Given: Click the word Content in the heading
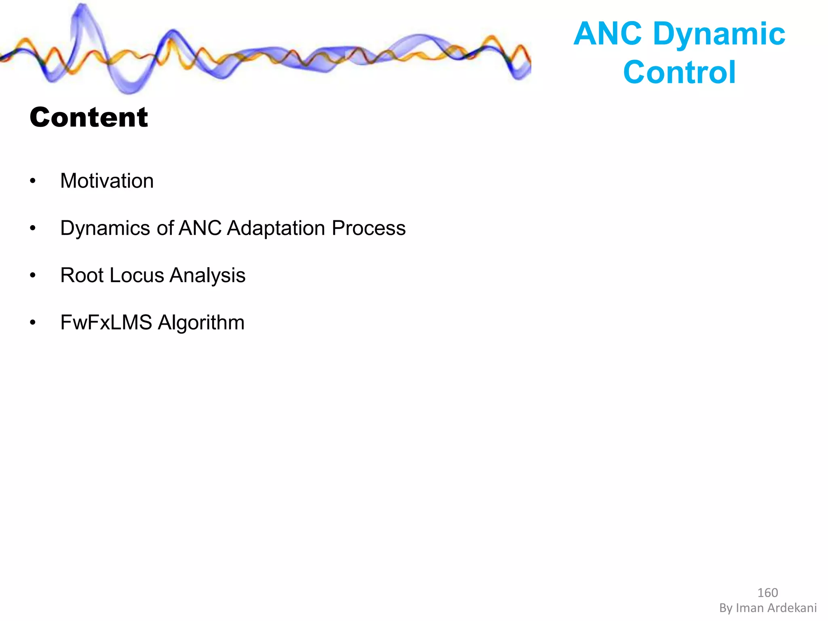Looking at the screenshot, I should [x=89, y=118].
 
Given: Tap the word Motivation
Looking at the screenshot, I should [x=107, y=181].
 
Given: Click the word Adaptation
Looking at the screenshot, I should [x=276, y=228].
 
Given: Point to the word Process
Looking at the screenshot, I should [x=368, y=228].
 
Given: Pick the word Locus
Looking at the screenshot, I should [x=137, y=275].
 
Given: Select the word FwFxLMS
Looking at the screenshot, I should [x=106, y=323].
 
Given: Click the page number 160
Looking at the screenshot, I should [x=767, y=593].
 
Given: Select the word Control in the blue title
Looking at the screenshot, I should [x=679, y=72].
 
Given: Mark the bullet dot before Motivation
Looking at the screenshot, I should [x=33, y=181].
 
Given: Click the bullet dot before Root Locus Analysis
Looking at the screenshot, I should [x=33, y=276].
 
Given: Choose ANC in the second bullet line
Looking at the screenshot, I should [x=200, y=228].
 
